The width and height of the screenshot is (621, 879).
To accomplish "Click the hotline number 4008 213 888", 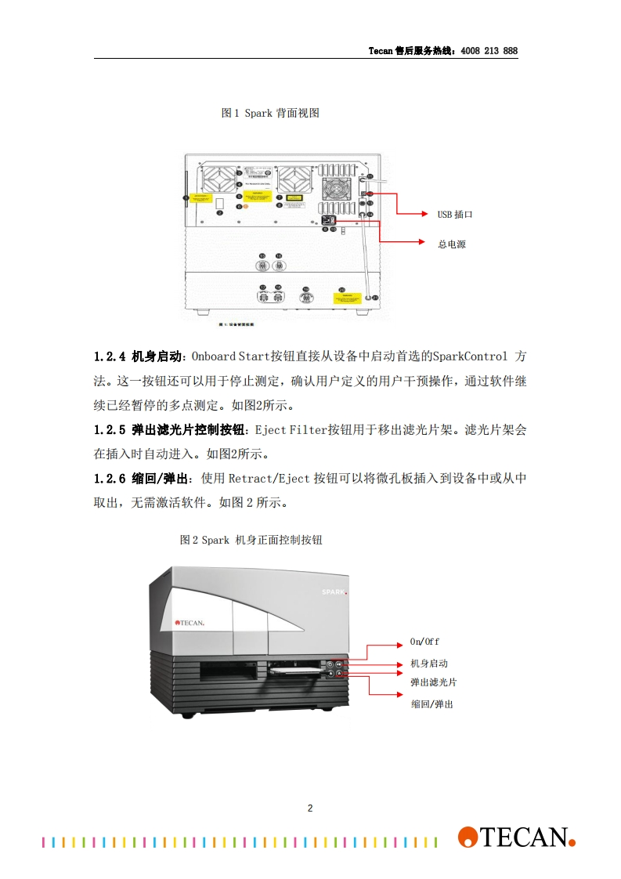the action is tap(489, 51).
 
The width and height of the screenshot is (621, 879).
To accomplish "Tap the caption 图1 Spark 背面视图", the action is tap(270, 113).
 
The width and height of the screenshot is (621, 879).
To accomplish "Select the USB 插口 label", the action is tap(455, 214).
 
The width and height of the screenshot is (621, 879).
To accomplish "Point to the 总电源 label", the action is tap(452, 244).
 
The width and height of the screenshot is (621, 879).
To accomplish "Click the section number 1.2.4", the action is tap(110, 356).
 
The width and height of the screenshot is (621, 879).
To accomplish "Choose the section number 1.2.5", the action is tap(110, 430).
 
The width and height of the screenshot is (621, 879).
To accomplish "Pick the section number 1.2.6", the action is tap(110, 479).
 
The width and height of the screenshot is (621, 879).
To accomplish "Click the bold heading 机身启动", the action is tap(157, 356).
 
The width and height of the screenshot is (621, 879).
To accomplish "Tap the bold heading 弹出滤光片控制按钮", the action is tap(189, 430).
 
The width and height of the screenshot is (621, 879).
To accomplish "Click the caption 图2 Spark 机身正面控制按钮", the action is tap(251, 540).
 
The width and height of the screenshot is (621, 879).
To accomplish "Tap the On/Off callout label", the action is tap(424, 642).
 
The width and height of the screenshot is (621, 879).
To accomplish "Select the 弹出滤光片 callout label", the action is tap(434, 682).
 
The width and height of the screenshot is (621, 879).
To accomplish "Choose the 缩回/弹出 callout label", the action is tap(431, 704).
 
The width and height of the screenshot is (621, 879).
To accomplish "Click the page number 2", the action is tap(310, 808).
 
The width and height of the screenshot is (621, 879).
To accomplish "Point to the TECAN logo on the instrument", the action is tap(190, 623).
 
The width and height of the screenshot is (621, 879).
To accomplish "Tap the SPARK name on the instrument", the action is tap(334, 593).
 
